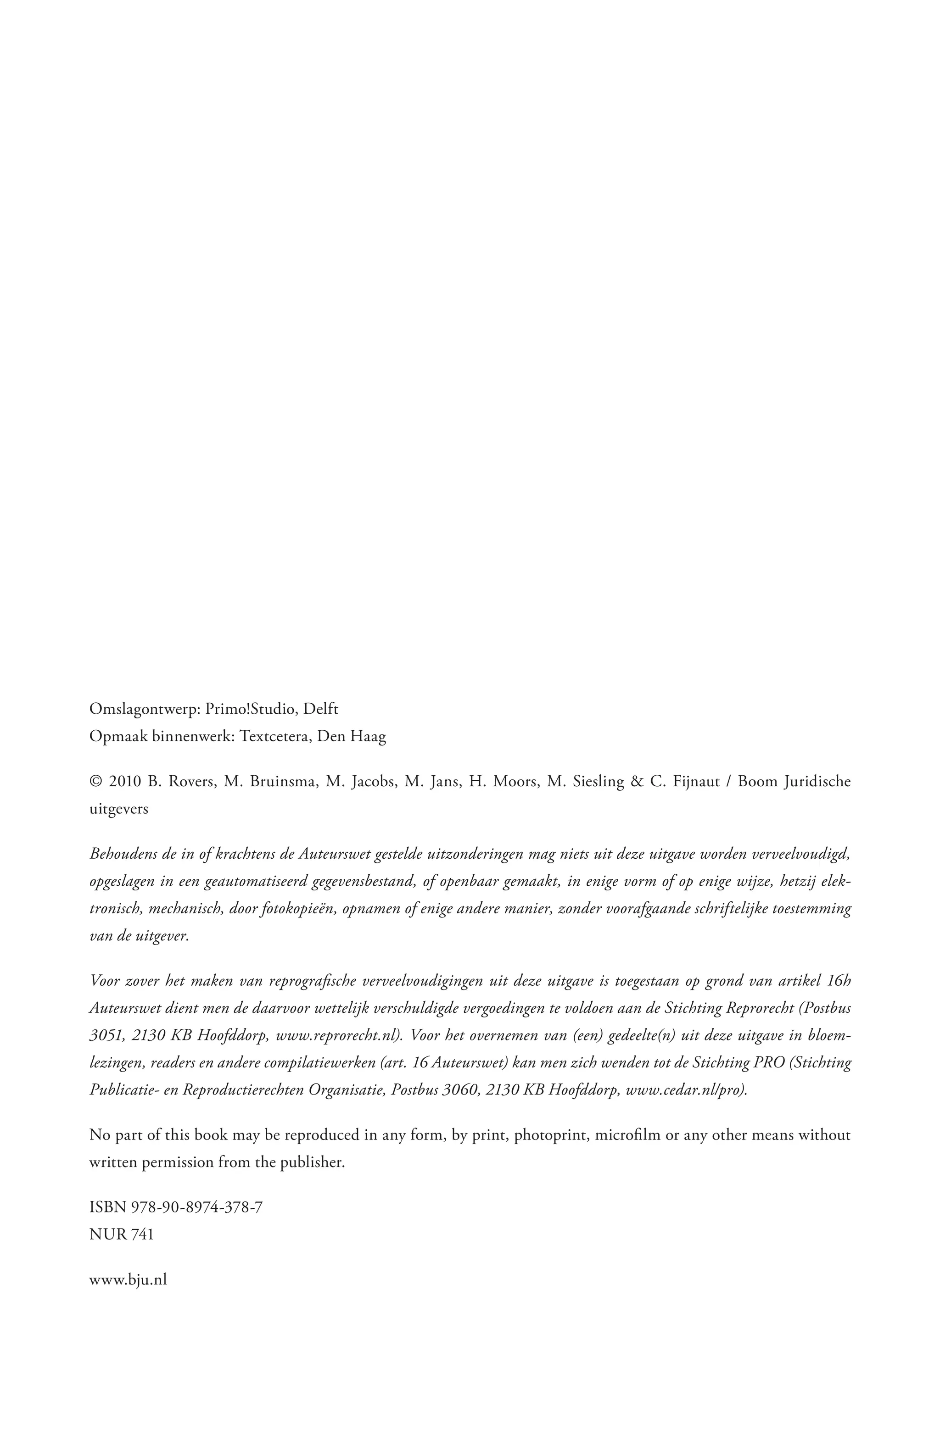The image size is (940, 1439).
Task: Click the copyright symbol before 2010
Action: click(x=95, y=781)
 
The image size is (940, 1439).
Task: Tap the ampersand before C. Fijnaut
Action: click(x=635, y=781)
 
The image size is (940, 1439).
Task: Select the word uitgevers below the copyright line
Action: click(x=118, y=810)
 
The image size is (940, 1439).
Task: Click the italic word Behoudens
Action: click(x=121, y=854)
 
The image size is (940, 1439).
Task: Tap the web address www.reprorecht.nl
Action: click(x=339, y=1035)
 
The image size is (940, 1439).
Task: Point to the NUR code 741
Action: click(x=142, y=1234)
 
